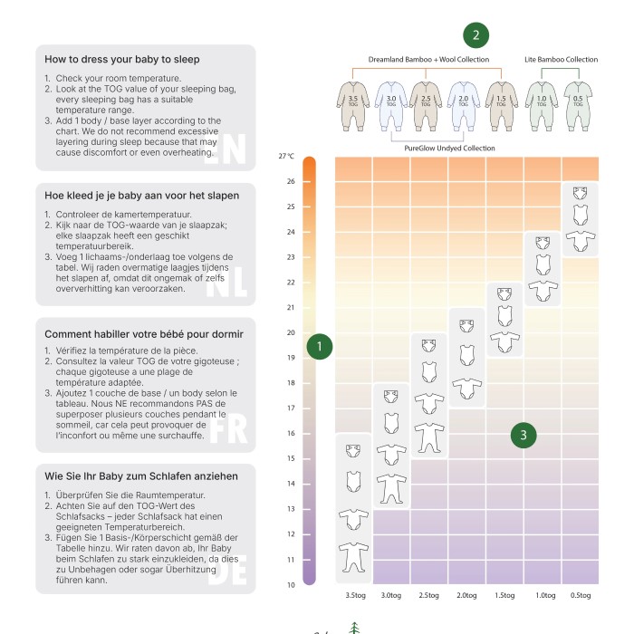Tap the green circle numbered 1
point(320,346)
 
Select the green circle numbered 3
point(523,435)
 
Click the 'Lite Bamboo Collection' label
point(561,60)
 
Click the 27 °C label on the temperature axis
point(286,156)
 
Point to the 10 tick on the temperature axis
point(290,584)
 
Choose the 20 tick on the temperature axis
point(290,332)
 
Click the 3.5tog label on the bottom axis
point(354,595)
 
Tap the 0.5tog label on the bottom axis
point(580,595)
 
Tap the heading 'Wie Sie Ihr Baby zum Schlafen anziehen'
point(141,475)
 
